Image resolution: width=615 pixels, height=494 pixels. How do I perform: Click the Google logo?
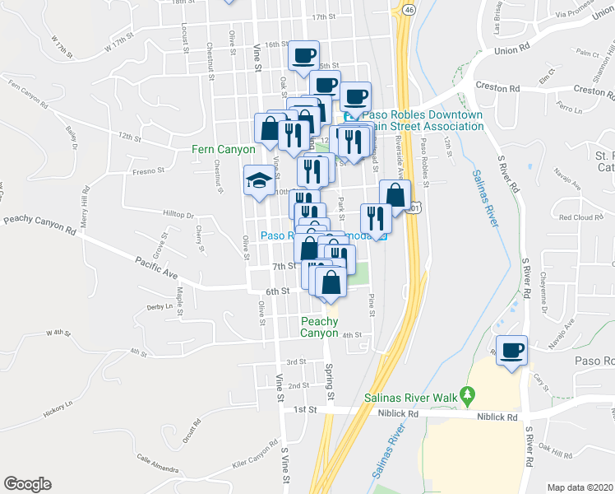point(28,483)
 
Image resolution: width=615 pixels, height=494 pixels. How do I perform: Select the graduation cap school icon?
point(259,181)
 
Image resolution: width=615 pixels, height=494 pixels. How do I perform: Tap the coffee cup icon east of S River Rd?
point(511,350)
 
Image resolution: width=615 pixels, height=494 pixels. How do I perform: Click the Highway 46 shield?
point(408,9)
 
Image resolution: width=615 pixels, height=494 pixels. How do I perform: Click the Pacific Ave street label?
point(156,267)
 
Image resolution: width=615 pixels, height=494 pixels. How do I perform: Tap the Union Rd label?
point(511,50)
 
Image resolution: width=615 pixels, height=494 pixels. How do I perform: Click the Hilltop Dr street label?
point(178,213)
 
